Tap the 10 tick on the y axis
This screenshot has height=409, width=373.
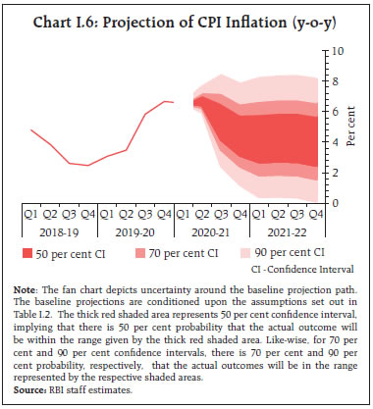(337, 49)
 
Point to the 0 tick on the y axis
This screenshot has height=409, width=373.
(334, 203)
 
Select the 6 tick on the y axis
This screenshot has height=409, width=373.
(334, 111)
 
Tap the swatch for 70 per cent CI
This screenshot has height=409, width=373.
(143, 255)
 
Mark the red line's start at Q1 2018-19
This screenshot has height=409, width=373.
(31, 129)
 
